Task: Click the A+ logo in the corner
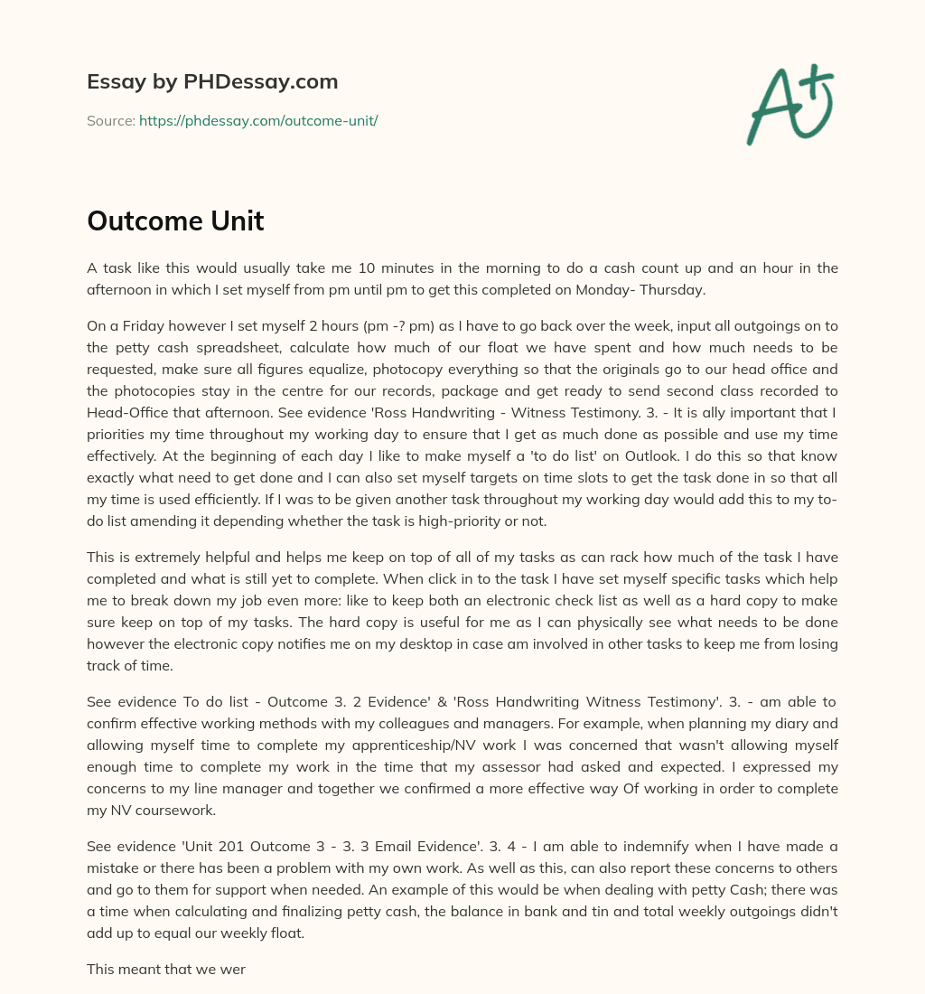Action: pos(790,104)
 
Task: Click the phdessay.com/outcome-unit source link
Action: pos(257,120)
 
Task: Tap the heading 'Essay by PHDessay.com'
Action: pos(212,82)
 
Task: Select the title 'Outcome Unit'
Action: pos(175,221)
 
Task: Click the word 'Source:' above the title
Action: pos(110,120)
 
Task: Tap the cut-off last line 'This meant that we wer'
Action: pos(166,968)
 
